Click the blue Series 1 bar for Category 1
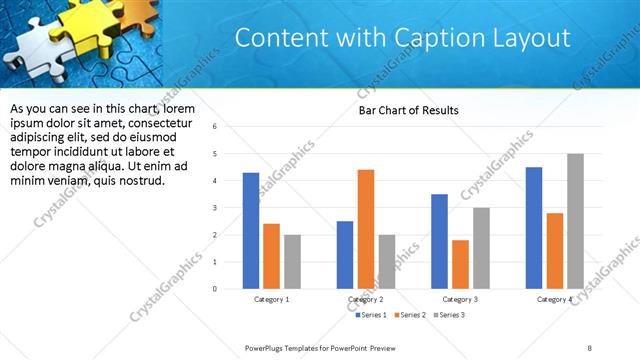tap(251, 231)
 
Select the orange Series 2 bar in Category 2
tap(365, 229)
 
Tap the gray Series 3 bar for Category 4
tap(574, 221)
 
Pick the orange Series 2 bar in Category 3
tap(460, 264)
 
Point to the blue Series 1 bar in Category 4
tap(534, 228)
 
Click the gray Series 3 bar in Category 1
tap(291, 262)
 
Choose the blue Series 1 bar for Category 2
tap(345, 255)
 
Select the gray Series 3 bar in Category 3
tap(480, 248)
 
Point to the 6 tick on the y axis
tap(214, 127)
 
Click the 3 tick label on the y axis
tap(214, 208)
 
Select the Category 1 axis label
tap(271, 299)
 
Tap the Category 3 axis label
tap(460, 299)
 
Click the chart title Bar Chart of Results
tap(408, 110)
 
